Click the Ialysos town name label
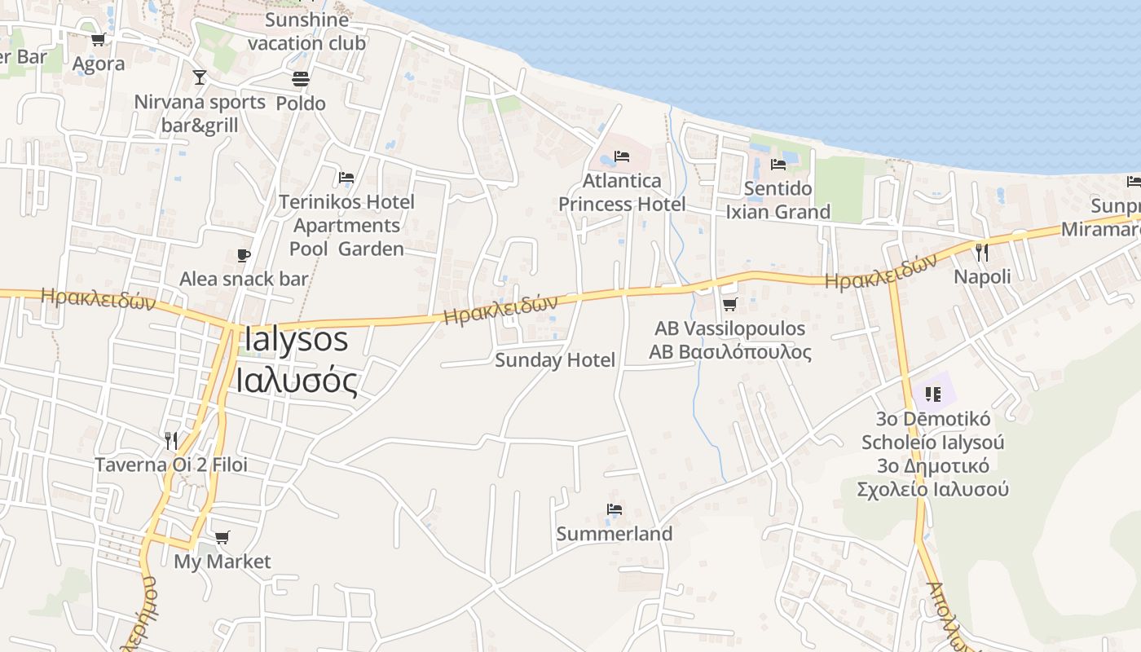click(x=296, y=340)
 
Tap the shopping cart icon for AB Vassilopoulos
click(x=729, y=305)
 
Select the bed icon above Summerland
click(x=615, y=510)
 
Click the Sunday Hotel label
click(x=555, y=360)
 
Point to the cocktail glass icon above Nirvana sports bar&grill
click(x=200, y=77)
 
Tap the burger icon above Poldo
click(x=301, y=79)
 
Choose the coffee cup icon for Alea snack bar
click(x=244, y=256)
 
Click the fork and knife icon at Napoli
click(x=982, y=253)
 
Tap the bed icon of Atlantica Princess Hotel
click(x=622, y=156)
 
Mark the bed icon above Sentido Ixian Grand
click(x=778, y=165)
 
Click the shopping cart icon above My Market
click(x=222, y=538)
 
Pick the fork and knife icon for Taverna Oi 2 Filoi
click(x=171, y=441)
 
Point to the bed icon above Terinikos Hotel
click(x=346, y=178)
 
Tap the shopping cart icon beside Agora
click(x=98, y=40)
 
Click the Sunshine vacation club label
click(x=306, y=31)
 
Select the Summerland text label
click(x=615, y=535)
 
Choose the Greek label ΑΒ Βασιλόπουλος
click(x=730, y=352)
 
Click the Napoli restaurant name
click(x=982, y=277)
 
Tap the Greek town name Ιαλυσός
click(x=297, y=381)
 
